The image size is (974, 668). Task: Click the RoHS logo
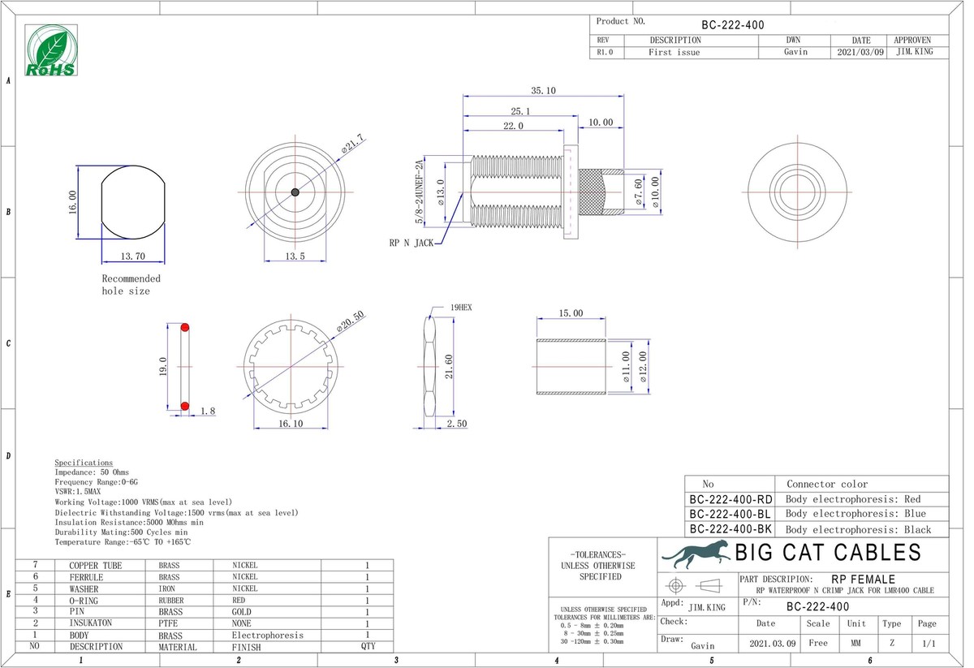[x=51, y=50]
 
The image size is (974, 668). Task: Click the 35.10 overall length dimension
[x=543, y=90]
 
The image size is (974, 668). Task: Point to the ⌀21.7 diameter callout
[x=352, y=144]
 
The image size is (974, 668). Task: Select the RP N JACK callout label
[x=412, y=243]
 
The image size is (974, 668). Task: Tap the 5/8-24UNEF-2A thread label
[x=419, y=192]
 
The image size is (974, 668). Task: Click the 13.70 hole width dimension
[x=132, y=256]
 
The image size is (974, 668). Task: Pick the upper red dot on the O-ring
[x=185, y=327]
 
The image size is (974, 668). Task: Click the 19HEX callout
[x=461, y=308]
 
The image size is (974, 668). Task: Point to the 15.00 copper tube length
[x=571, y=313]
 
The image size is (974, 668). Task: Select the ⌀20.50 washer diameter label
[x=351, y=321]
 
